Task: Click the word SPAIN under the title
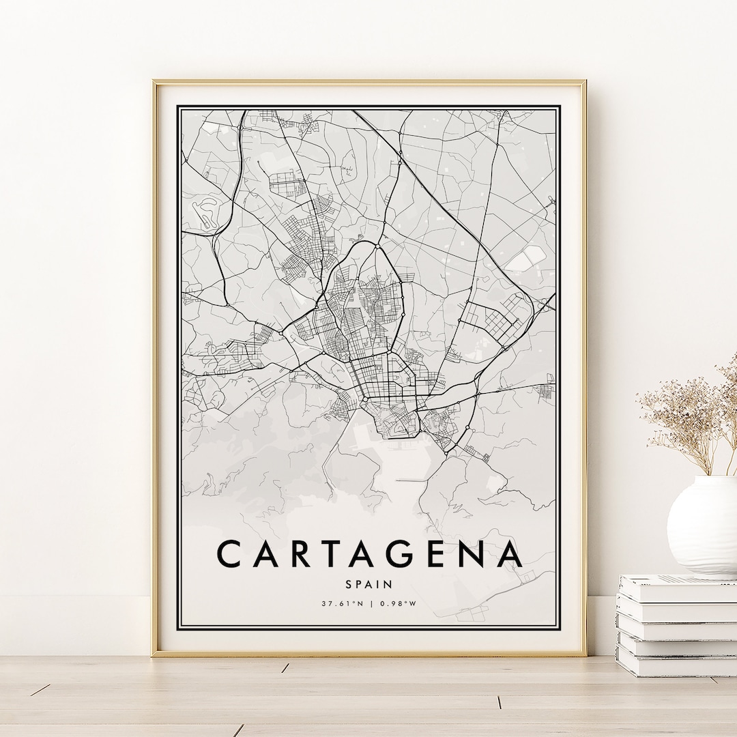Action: [369, 584]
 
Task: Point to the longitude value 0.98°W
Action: [399, 603]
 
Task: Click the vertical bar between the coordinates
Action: [370, 603]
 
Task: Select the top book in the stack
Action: [678, 588]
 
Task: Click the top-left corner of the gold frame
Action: [154, 83]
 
